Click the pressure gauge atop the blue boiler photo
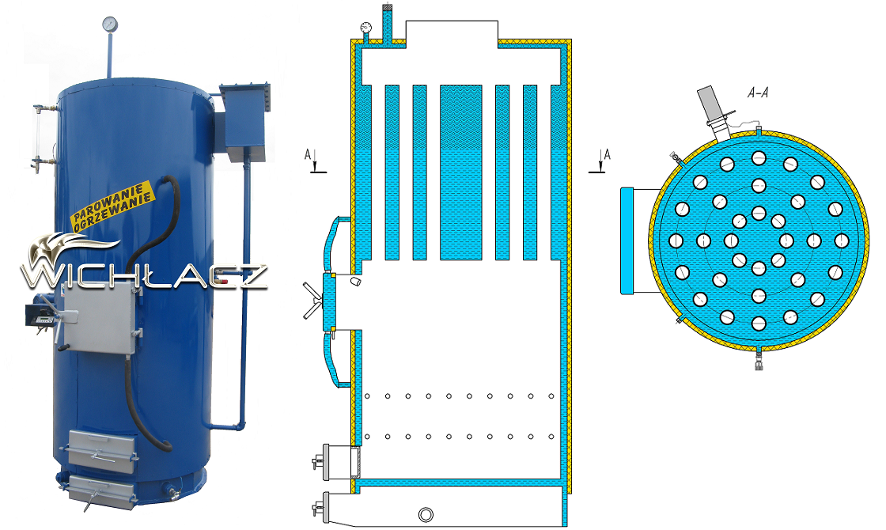(110, 24)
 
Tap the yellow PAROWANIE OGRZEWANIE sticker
(112, 206)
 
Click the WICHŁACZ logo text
(144, 275)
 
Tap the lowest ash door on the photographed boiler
(102, 490)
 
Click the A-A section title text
(758, 93)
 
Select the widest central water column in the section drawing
(460, 172)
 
